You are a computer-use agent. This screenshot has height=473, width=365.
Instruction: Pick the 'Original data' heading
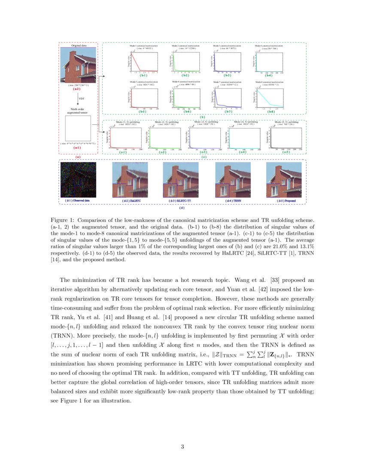click(79, 45)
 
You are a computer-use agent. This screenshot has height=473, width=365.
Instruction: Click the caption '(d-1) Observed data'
click(77, 200)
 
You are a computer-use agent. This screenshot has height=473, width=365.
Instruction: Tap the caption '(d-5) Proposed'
click(286, 200)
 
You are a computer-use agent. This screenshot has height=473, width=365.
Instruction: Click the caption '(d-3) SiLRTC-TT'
click(180, 200)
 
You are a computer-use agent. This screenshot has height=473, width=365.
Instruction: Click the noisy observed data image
click(78, 179)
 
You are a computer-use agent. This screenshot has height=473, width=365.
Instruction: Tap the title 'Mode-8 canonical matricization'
click(269, 81)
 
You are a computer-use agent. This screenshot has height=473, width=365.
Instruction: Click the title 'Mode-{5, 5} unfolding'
click(287, 122)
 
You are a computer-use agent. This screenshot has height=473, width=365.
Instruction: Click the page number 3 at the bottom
click(182, 446)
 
